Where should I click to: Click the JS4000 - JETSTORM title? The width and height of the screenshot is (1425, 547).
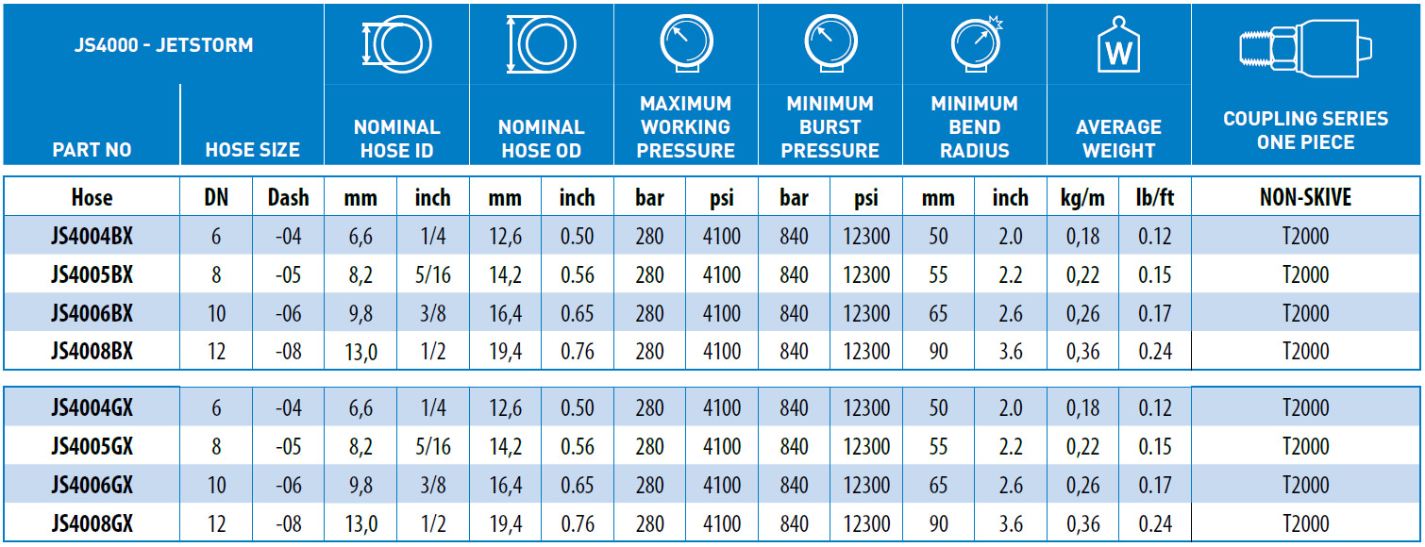click(163, 45)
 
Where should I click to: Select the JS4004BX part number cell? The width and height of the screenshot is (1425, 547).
click(92, 236)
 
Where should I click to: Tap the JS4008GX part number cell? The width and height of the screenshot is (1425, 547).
click(92, 523)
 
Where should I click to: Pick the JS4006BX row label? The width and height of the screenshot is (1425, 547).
click(92, 313)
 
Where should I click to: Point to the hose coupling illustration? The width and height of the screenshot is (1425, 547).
click(1305, 48)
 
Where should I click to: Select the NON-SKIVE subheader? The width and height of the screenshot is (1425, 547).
click(1305, 197)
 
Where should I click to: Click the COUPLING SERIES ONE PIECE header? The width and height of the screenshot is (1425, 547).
click(1305, 130)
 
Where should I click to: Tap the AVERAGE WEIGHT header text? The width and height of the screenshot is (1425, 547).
click(1118, 139)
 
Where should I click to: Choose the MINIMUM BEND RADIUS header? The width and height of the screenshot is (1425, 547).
click(975, 126)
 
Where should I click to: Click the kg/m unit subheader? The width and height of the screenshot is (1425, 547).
click(1082, 197)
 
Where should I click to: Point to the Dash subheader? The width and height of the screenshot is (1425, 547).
click(288, 197)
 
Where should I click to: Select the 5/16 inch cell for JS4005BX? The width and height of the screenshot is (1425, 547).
click(432, 274)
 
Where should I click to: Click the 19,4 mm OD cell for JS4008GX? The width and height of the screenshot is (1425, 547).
click(505, 523)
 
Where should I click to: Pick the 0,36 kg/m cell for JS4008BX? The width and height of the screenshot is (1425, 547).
click(1082, 351)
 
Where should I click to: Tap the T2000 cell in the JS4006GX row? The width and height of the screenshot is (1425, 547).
click(1305, 485)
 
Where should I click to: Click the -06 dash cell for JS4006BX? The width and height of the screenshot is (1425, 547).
click(288, 313)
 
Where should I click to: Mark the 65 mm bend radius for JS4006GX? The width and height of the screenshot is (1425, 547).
click(938, 485)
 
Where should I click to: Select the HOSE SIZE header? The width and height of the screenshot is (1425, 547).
click(253, 149)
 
